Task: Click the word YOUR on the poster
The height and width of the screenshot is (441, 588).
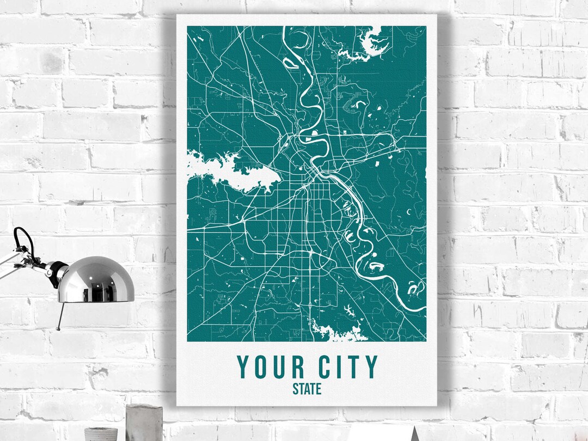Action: [270, 367]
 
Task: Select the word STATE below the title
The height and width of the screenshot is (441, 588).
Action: [307, 389]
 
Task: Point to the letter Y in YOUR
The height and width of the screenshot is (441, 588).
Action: [243, 367]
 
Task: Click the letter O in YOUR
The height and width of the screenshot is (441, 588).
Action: [261, 367]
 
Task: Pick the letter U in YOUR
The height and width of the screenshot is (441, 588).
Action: [280, 367]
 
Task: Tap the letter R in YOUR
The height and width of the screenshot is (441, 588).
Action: [298, 367]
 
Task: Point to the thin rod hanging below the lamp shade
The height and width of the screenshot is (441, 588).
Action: [60, 316]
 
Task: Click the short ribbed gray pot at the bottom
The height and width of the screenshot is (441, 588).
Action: [101, 434]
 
